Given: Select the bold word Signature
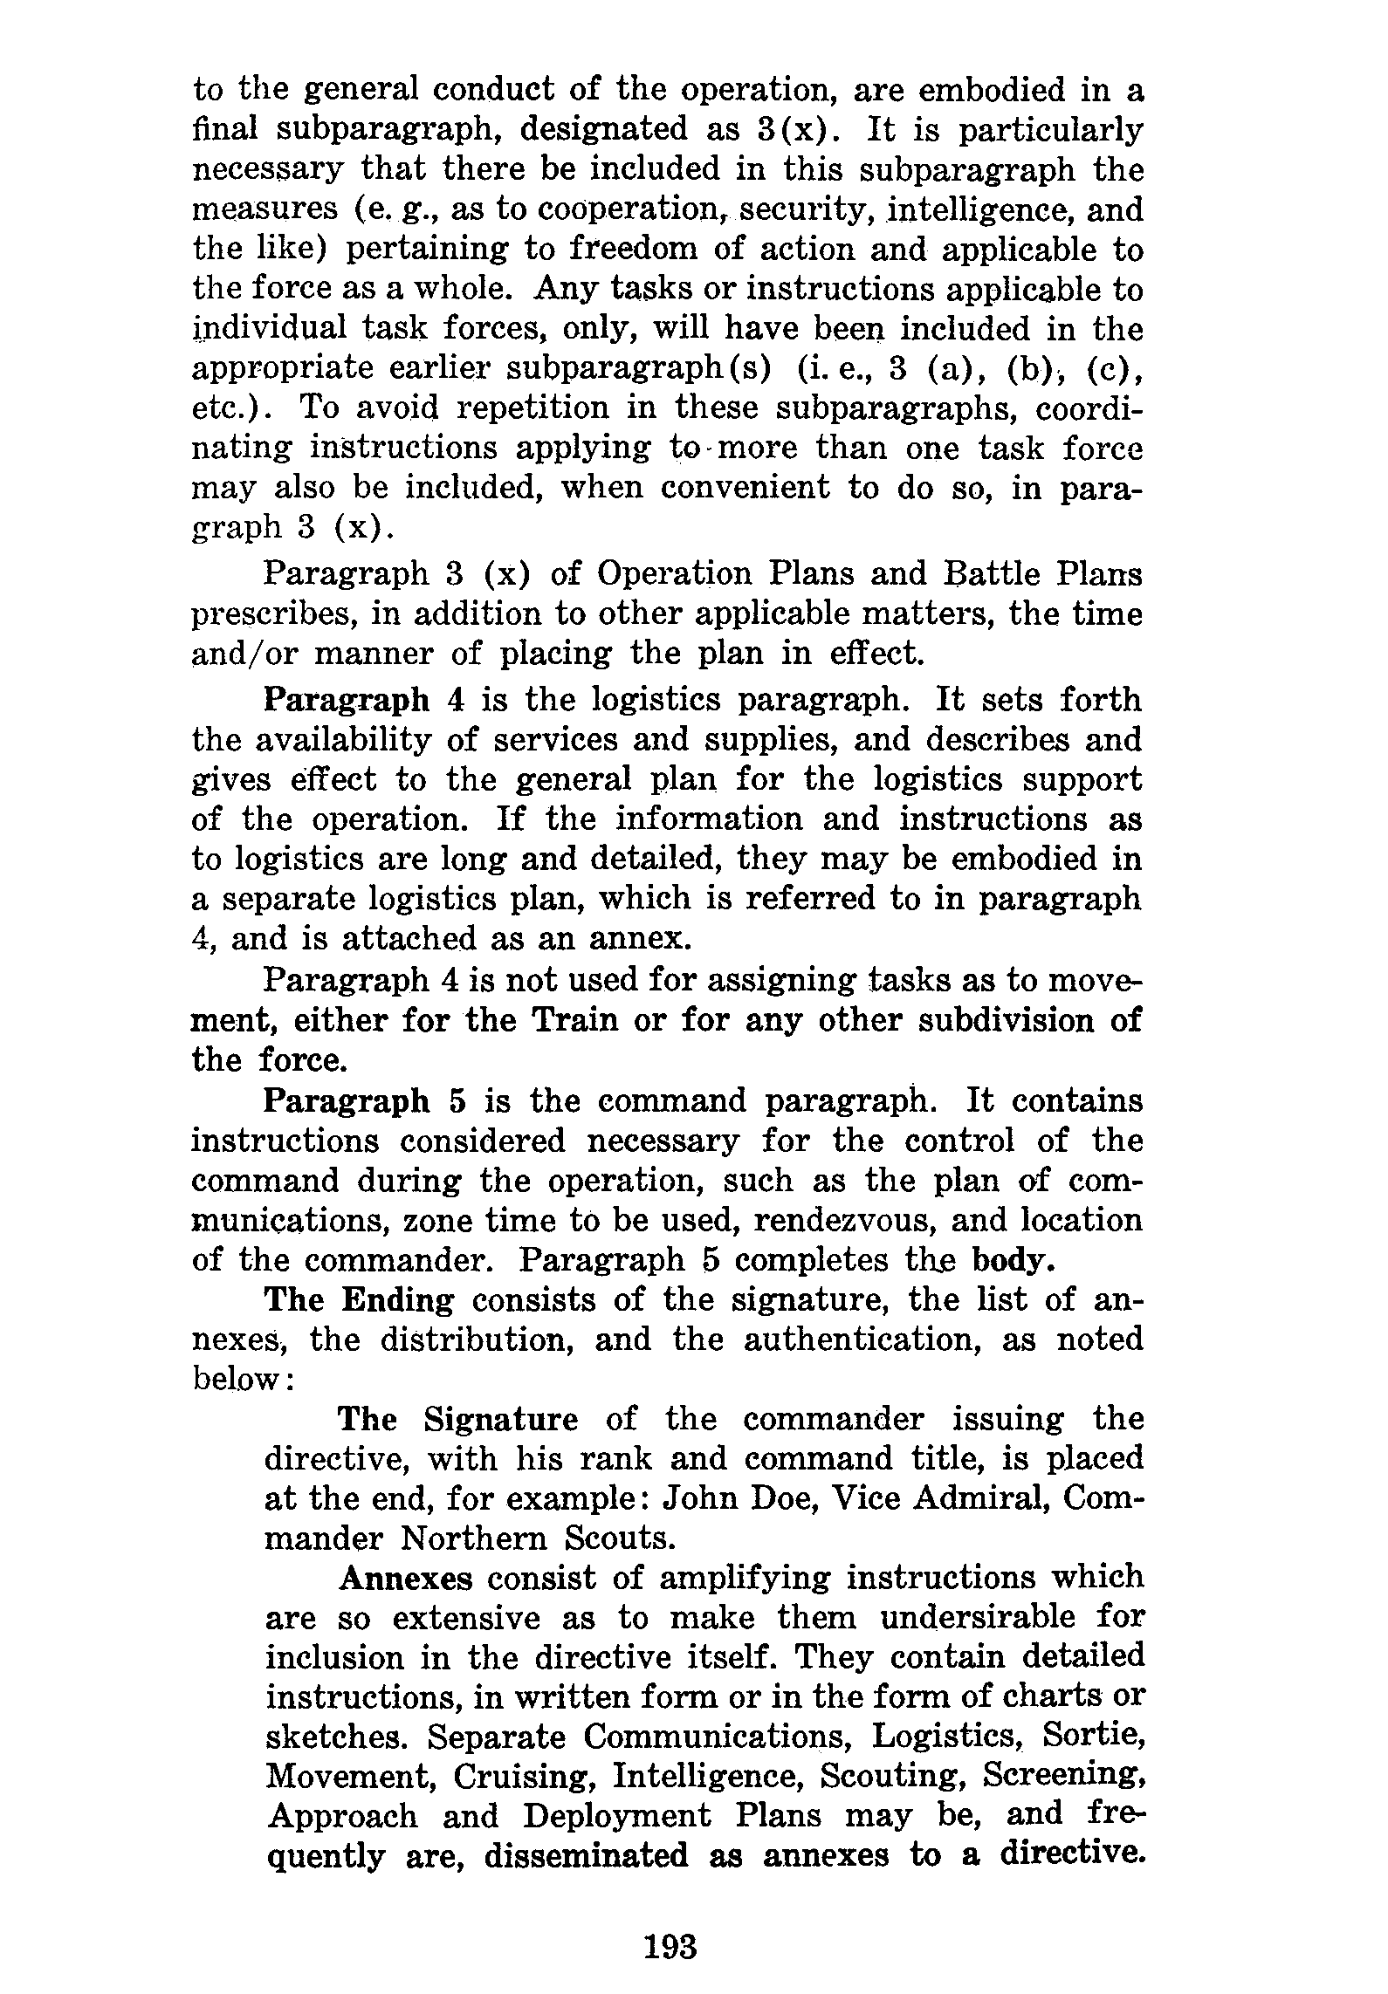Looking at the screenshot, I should (501, 1419).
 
